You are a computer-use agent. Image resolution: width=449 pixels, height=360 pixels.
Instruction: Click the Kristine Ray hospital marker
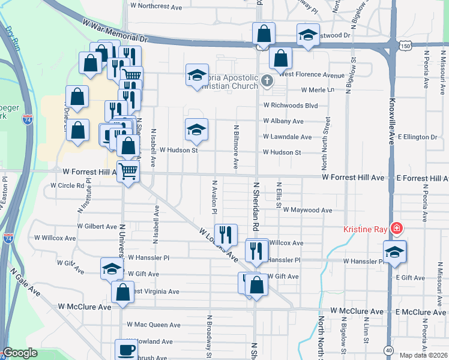396,229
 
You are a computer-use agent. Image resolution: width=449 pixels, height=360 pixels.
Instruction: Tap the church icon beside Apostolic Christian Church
267,80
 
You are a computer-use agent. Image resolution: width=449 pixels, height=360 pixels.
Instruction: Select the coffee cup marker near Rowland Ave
126,349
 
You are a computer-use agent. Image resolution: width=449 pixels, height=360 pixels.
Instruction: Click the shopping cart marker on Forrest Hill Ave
128,171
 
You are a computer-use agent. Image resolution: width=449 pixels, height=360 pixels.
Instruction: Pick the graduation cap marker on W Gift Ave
112,269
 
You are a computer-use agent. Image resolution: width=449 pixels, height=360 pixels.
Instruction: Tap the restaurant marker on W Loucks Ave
226,234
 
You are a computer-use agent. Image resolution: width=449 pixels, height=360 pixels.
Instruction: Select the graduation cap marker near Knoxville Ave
395,252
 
